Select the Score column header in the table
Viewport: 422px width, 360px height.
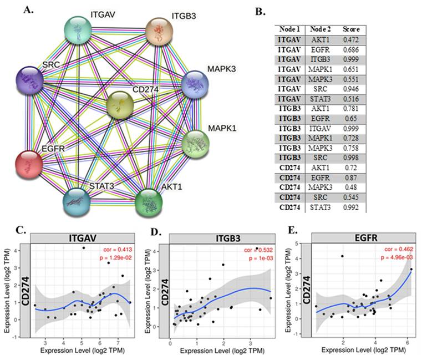click(x=353, y=29)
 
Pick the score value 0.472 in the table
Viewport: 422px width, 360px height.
click(x=353, y=40)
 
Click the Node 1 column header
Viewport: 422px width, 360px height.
click(x=292, y=29)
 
